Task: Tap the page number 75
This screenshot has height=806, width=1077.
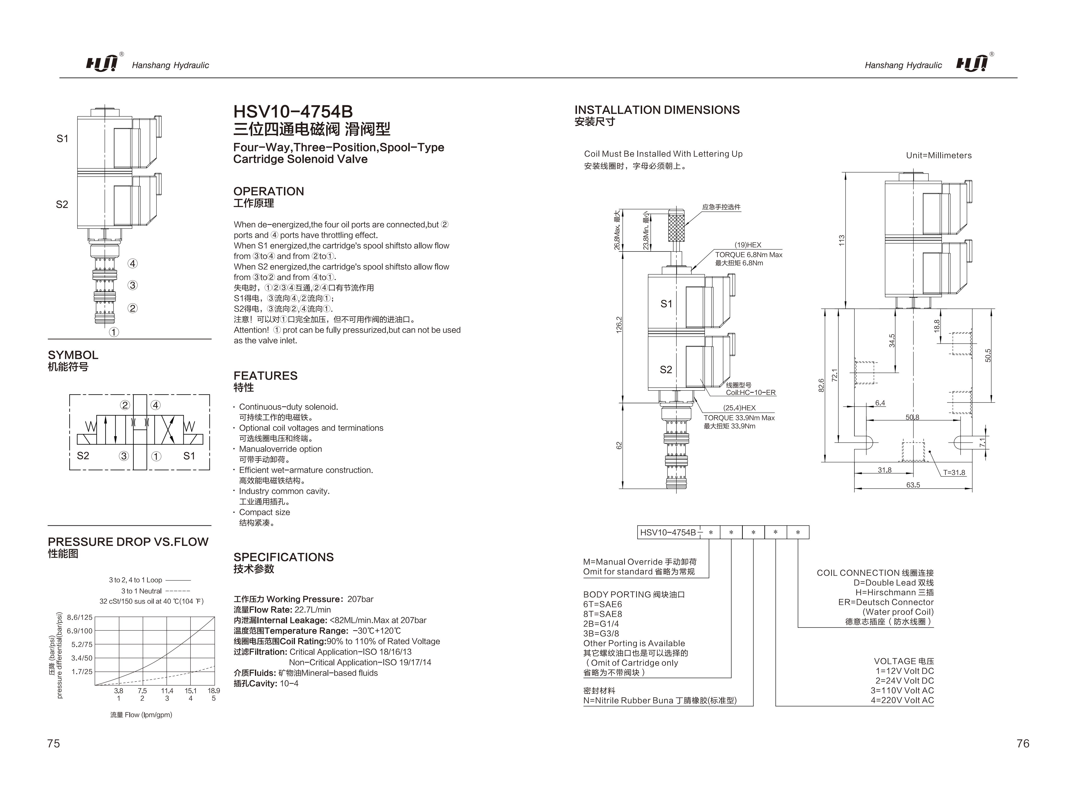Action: (x=54, y=743)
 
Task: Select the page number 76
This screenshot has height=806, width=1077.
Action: (x=1023, y=743)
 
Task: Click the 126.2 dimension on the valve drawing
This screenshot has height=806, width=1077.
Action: (x=619, y=325)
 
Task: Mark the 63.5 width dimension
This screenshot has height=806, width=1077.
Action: (x=913, y=485)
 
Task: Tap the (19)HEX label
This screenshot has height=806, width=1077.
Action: (x=748, y=245)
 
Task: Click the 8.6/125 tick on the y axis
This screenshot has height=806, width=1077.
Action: (x=79, y=617)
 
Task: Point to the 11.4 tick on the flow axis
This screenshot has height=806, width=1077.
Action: (x=167, y=690)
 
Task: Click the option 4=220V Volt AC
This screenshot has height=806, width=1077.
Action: (x=902, y=700)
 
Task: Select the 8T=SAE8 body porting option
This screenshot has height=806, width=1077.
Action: (x=602, y=614)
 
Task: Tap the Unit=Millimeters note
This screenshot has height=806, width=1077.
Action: (x=938, y=155)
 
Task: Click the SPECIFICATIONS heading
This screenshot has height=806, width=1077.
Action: (x=283, y=557)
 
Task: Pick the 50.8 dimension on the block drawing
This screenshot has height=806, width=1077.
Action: (x=912, y=417)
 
